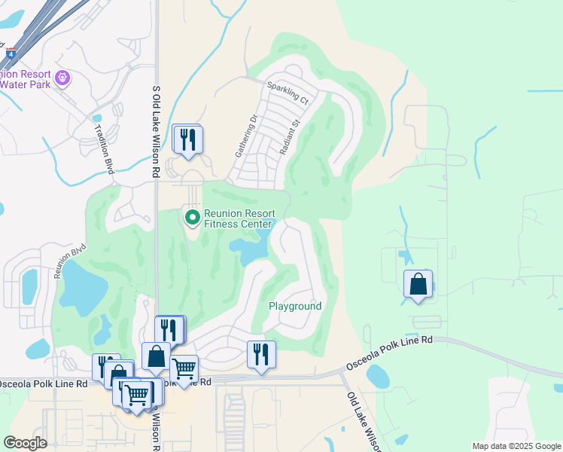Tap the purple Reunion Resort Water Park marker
[63, 78]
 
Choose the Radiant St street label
[291, 136]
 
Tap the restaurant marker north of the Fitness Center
[187, 139]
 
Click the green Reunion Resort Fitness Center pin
[192, 218]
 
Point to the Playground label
[295, 306]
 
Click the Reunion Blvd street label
[70, 261]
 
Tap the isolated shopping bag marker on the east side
[418, 285]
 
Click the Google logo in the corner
[25, 443]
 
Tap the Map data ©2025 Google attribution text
[516, 446]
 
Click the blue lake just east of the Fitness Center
[252, 249]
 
